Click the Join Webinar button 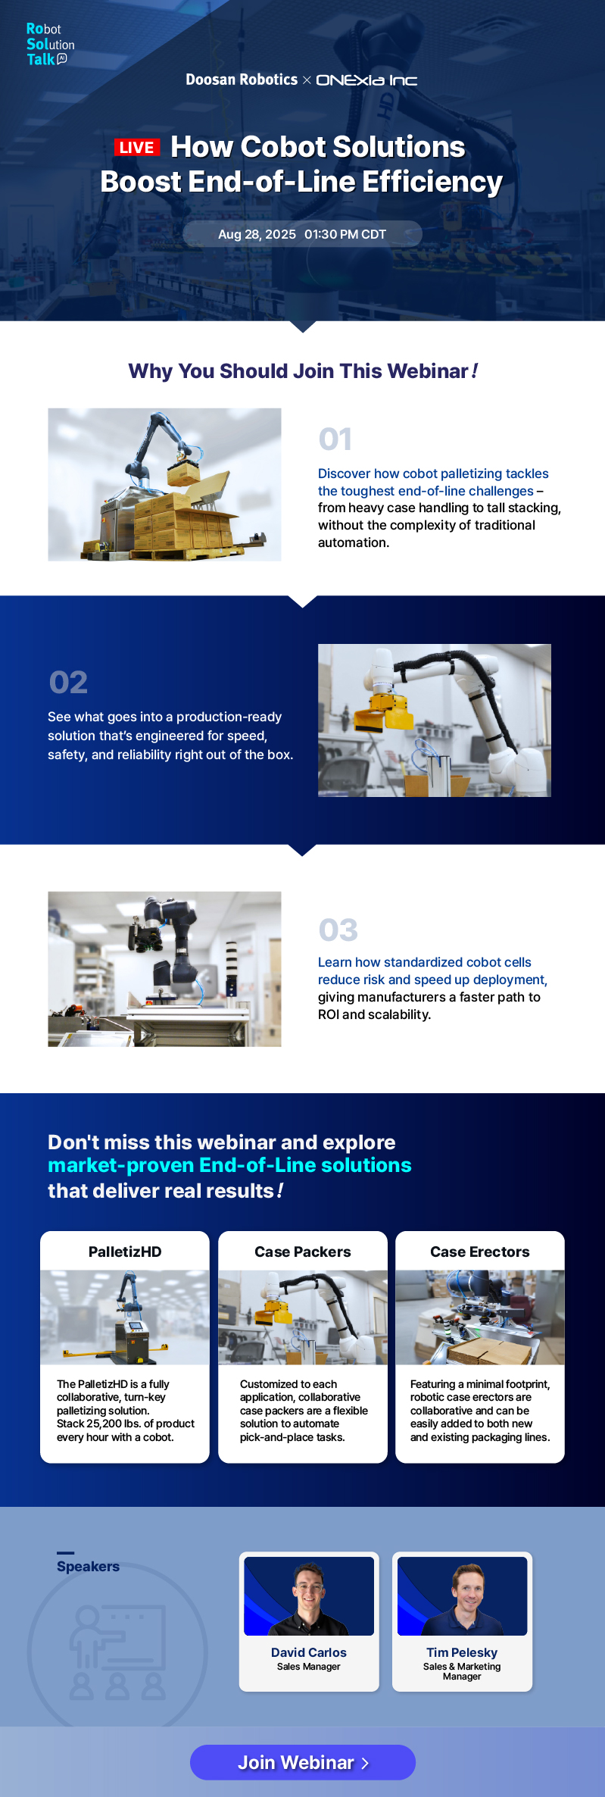(x=302, y=1762)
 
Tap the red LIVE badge (x=137, y=148)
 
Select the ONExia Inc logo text (x=366, y=80)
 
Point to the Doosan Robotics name (x=242, y=80)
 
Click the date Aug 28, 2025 (x=257, y=235)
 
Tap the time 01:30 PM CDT (x=345, y=235)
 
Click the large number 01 (x=335, y=439)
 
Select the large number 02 (x=68, y=683)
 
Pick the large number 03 (x=338, y=930)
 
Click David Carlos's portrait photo (x=309, y=1595)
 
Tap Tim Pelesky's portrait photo (x=462, y=1595)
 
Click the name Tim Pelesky (x=462, y=1652)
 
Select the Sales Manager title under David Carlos (x=308, y=1667)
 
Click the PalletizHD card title (x=125, y=1252)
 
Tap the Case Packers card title (x=302, y=1252)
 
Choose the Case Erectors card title (x=479, y=1252)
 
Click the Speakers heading (x=88, y=1566)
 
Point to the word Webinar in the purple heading (x=428, y=371)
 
